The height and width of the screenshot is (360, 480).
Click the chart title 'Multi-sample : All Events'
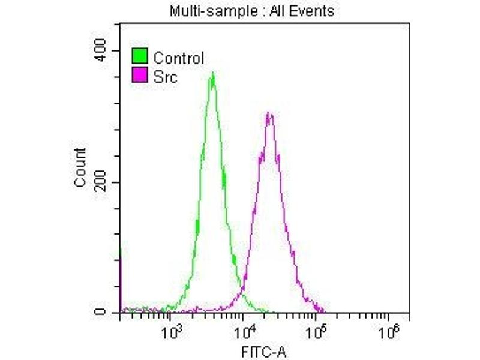pos(251,11)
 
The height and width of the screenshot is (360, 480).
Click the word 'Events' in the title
pos(313,11)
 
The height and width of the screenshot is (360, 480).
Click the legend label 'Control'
pos(179,58)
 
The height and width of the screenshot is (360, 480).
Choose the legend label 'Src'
pos(166,76)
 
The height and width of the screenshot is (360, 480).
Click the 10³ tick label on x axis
pos(173,329)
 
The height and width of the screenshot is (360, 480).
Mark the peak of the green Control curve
pos(213,74)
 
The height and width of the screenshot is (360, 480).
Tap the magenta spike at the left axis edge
pos(121,282)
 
